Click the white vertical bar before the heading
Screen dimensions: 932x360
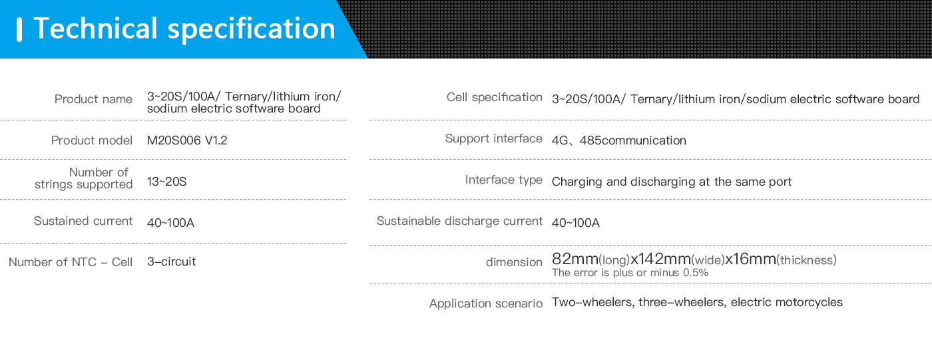[19, 29]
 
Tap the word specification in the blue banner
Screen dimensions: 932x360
[252, 29]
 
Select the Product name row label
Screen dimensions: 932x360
[93, 99]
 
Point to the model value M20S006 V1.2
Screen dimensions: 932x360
[187, 140]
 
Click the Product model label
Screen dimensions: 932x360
[92, 140]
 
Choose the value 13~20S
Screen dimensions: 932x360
[167, 182]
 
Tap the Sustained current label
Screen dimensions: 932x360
[83, 221]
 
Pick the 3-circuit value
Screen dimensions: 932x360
[172, 262]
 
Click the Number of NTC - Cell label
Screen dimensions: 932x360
[71, 262]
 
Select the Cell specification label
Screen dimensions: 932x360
[494, 97]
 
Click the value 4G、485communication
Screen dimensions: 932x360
[618, 140]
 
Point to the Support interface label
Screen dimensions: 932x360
[493, 138]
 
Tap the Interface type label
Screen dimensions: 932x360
[503, 180]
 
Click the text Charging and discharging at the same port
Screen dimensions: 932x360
[672, 182]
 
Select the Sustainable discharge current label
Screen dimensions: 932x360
[459, 221]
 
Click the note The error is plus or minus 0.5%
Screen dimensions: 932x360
[630, 273]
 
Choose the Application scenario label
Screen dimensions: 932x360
[486, 303]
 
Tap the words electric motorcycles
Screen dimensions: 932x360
[786, 302]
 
